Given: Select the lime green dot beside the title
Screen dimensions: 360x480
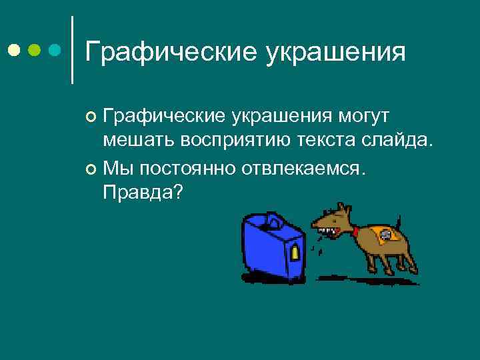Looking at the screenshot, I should point(35,50).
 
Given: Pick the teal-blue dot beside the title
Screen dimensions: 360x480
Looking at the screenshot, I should point(55,50).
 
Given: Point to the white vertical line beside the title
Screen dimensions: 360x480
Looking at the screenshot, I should point(72,50).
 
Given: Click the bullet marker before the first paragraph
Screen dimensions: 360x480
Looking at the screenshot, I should point(92,118).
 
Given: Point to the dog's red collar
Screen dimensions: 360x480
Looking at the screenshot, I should point(355,232).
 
